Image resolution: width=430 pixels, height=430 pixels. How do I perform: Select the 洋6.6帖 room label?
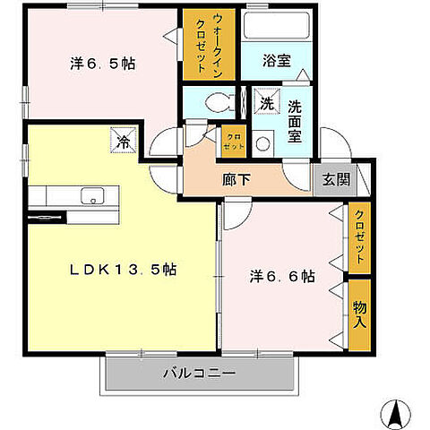click(x=280, y=276)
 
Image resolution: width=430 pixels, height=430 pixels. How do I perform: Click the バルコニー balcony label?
click(x=200, y=374)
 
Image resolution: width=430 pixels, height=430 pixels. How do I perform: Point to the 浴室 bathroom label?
click(x=277, y=63)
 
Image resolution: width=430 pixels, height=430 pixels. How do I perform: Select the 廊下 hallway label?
click(x=236, y=178)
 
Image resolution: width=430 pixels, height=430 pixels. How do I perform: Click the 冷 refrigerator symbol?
click(x=124, y=140)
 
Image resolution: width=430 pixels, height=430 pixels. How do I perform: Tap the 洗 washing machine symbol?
click(x=266, y=103)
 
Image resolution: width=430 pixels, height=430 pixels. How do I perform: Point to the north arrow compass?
click(x=392, y=411)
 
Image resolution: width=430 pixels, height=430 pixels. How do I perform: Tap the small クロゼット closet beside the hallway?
click(x=232, y=140)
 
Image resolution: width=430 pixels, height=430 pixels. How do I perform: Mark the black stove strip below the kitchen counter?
click(x=47, y=216)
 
